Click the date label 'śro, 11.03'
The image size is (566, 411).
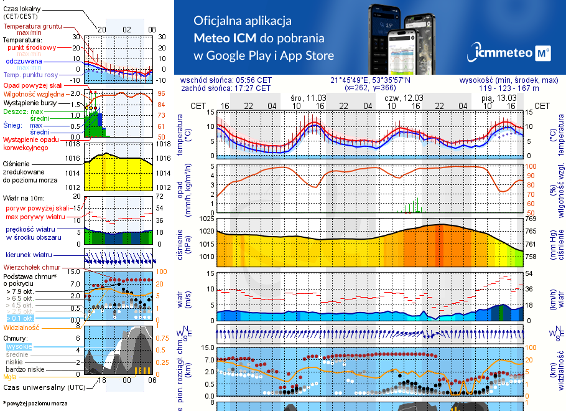[308, 98]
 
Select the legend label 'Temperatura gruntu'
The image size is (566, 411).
[32, 27]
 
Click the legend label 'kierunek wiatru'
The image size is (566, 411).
[28, 255]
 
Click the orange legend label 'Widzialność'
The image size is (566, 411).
[22, 326]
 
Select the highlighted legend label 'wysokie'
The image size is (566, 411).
[19, 346]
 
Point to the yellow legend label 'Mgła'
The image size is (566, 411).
[10, 377]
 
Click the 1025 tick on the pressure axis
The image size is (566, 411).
[205, 219]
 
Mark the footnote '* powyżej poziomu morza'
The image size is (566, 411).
[35, 404]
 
